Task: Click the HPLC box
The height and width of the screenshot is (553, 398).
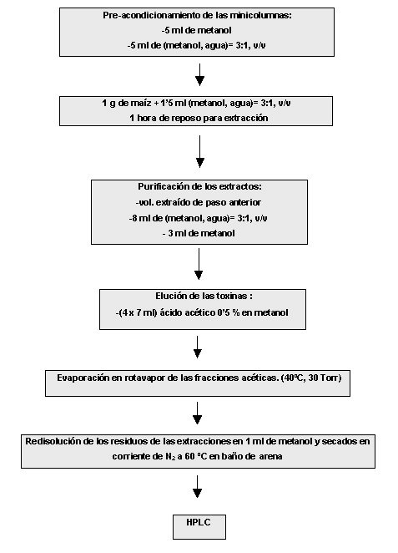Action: pyautogui.click(x=199, y=526)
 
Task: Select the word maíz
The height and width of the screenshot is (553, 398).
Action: pyautogui.click(x=141, y=104)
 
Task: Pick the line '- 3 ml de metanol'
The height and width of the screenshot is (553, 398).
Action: pyautogui.click(x=199, y=233)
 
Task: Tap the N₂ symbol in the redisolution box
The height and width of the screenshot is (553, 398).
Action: pyautogui.click(x=170, y=457)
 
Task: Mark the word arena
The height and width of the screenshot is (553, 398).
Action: pyautogui.click(x=270, y=457)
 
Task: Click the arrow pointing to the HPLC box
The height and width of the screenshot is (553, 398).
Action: pyautogui.click(x=198, y=487)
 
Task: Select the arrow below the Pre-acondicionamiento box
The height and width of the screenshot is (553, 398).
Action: pyautogui.click(x=199, y=75)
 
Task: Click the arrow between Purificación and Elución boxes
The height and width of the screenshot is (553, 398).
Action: pyautogui.click(x=199, y=264)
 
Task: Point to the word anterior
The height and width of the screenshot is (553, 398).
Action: pyautogui.click(x=245, y=202)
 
